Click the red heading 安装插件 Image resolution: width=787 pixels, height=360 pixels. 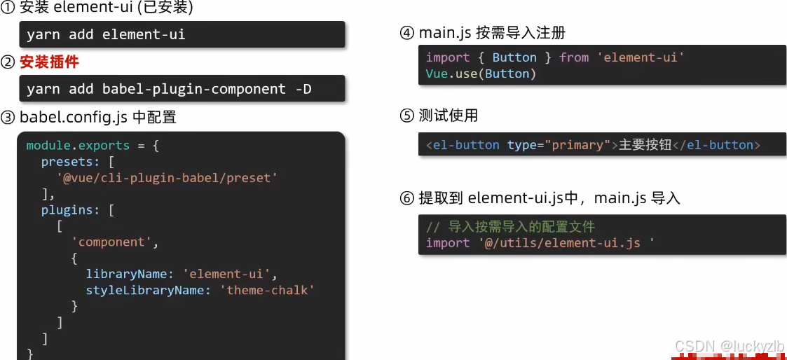49,62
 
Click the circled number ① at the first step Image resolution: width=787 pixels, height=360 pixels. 8,7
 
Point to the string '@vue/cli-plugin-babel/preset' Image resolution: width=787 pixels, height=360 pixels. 167,177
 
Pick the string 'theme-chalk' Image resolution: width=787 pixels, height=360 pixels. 267,290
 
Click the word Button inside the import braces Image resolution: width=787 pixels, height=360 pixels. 514,57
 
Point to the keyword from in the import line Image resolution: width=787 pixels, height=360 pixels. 574,57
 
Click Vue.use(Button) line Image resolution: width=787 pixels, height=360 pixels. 481,74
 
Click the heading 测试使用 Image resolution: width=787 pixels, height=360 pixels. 448,116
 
